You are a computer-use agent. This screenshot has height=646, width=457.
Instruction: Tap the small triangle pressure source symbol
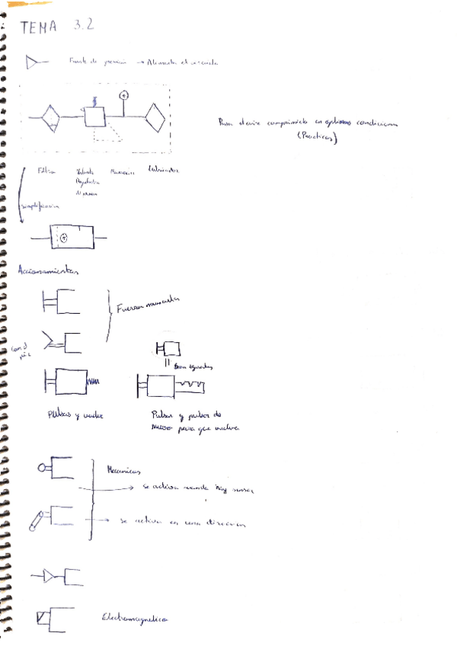33,63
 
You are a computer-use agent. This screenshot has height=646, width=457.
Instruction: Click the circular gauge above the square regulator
124,95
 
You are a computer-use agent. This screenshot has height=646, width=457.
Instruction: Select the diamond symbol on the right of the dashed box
155,117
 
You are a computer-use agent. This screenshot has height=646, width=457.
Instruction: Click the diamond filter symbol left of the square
50,117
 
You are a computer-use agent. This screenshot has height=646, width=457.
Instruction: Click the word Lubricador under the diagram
165,170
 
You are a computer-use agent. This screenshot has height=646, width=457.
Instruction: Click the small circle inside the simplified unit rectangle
65,238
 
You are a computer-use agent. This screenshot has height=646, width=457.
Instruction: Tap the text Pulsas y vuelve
75,415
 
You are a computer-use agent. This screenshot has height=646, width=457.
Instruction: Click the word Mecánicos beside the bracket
121,472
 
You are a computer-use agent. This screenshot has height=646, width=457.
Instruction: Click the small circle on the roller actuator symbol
42,468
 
